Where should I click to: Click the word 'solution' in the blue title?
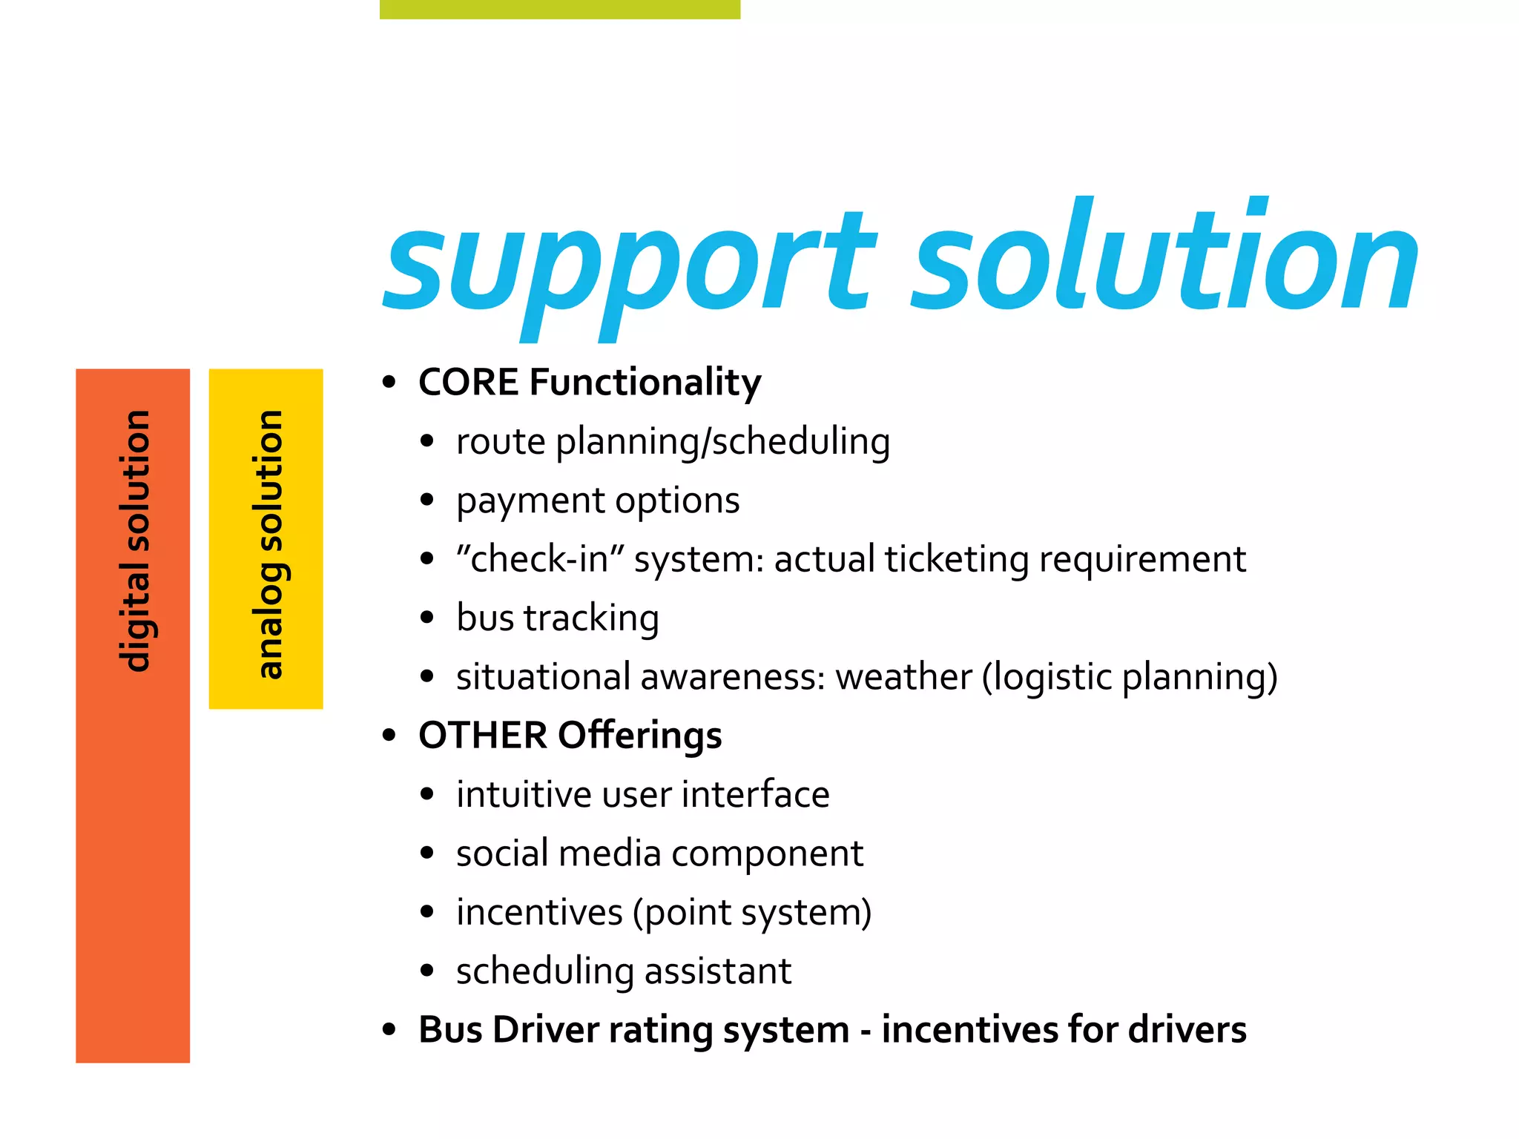pyautogui.click(x=1164, y=256)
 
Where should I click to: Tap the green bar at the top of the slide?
pyautogui.click(x=560, y=9)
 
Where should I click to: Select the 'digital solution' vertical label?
pyautogui.click(x=135, y=541)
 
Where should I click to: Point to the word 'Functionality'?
pyautogui.click(x=645, y=383)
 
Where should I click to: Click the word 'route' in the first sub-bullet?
pyautogui.click(x=501, y=442)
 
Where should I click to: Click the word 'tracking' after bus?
pyautogui.click(x=591, y=618)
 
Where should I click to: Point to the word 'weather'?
pyautogui.click(x=903, y=677)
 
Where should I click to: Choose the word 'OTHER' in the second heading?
pyautogui.click(x=483, y=736)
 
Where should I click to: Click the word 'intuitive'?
pyautogui.click(x=524, y=794)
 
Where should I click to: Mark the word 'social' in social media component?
pyautogui.click(x=502, y=854)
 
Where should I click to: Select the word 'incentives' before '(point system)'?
pyautogui.click(x=539, y=912)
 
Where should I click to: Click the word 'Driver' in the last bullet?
pyautogui.click(x=545, y=1030)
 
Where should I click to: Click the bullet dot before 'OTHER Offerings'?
pyautogui.click(x=389, y=736)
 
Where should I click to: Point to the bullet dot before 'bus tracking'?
pyautogui.click(x=426, y=618)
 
